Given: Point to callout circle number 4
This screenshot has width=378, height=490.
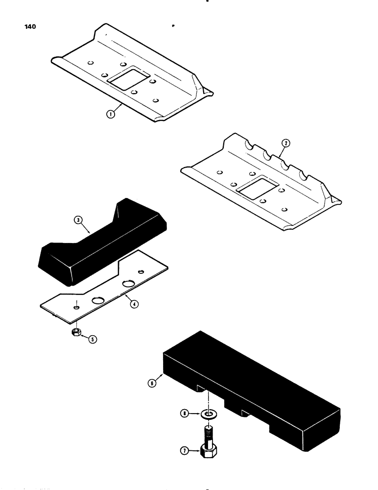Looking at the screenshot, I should click(x=133, y=304).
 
